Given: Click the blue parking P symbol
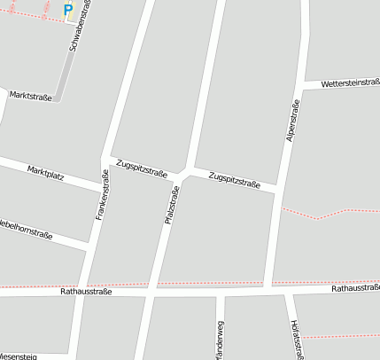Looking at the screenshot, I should point(68,11).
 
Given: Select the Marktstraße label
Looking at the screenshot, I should point(30,96).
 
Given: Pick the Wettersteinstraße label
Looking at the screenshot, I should point(350,83).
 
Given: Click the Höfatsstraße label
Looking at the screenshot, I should point(297,340).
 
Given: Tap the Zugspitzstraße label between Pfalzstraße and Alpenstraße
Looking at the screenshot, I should point(234,181).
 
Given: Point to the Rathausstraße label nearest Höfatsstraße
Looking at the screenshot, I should point(354,288).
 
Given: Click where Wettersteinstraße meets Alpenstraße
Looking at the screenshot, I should point(301,88).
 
